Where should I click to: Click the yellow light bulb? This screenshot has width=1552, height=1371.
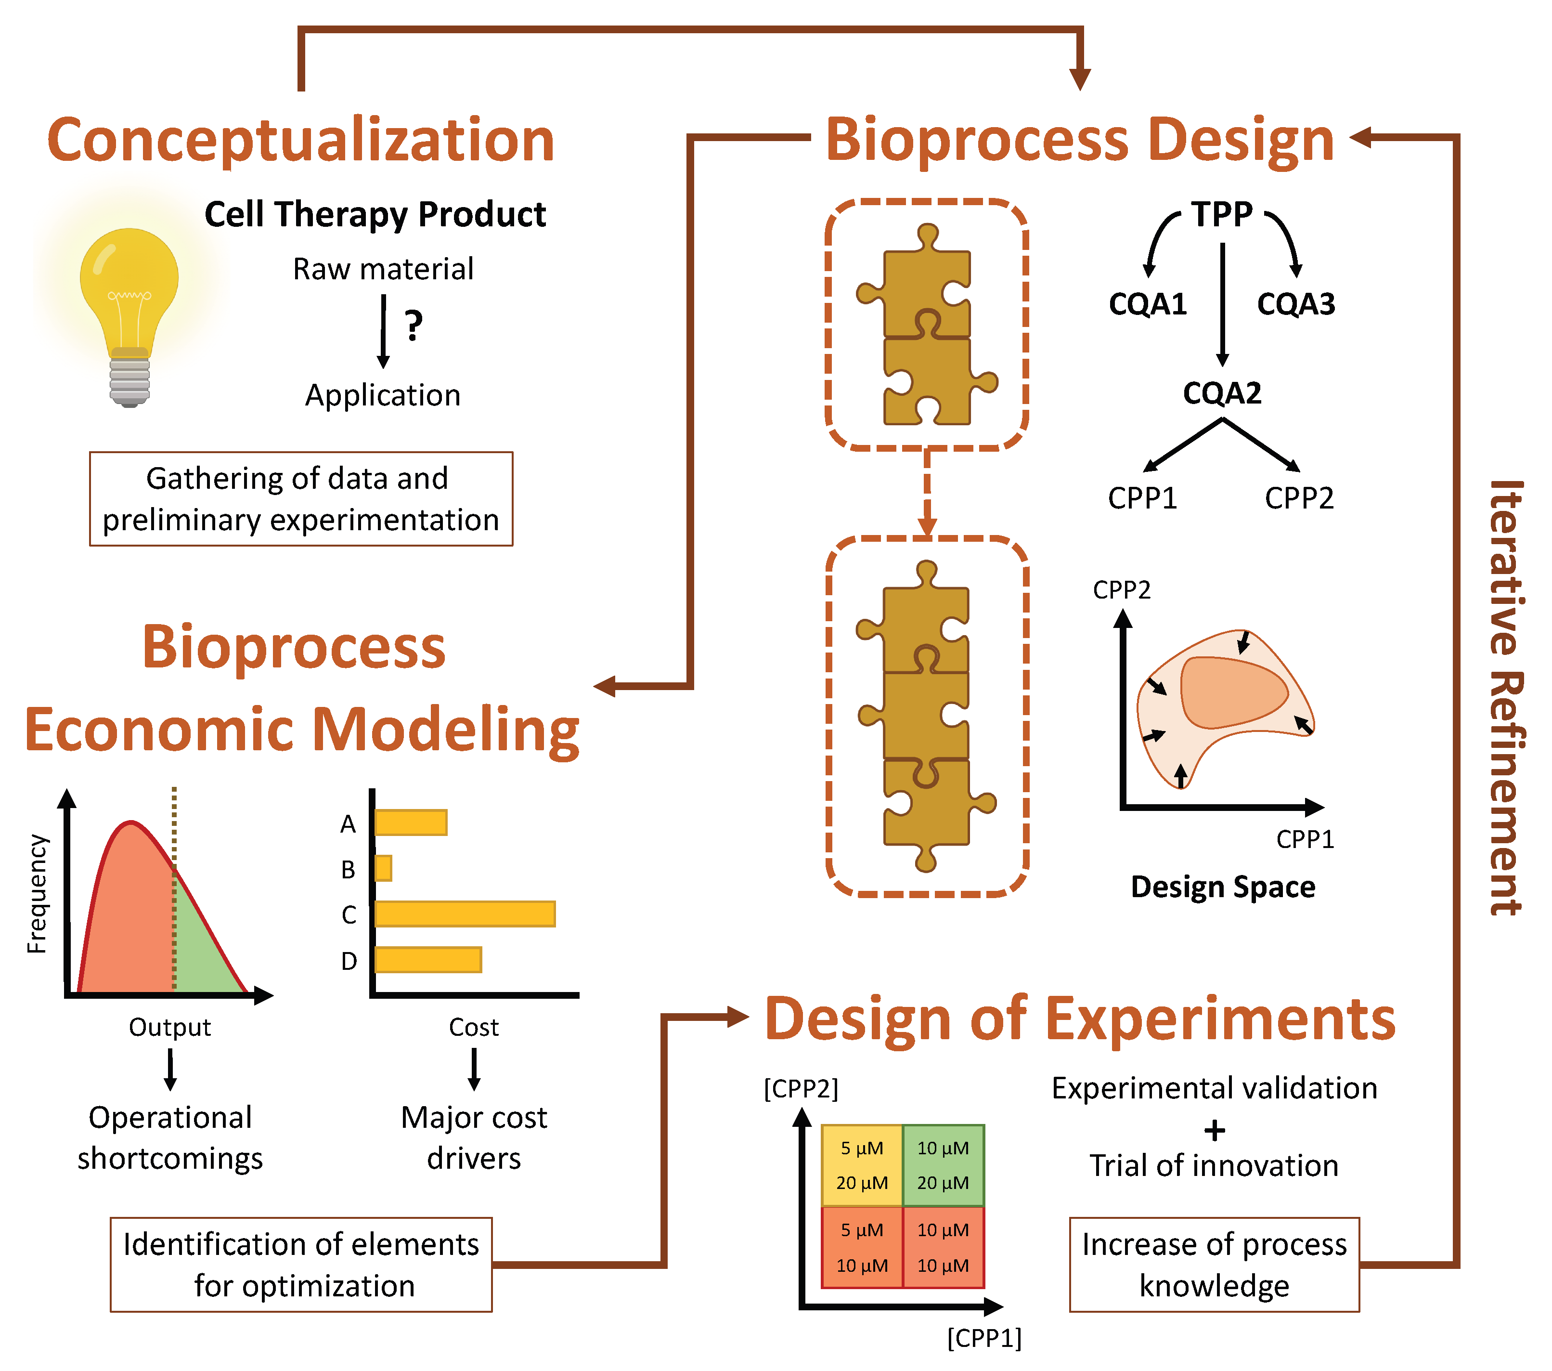129,304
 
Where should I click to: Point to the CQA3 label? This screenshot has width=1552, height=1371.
1295,304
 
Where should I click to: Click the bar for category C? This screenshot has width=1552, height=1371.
465,914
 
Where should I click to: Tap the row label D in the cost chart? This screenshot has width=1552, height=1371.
349,961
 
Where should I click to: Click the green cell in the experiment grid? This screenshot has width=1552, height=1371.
943,1165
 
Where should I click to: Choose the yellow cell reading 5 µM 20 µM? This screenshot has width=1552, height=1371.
862,1165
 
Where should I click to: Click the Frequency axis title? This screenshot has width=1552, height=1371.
37,894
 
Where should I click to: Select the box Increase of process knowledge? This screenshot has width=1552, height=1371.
1214,1265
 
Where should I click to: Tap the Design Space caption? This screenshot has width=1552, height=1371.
1222,887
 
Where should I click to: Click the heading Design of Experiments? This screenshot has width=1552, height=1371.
1080,1019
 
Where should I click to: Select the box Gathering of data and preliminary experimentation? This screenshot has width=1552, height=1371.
301,499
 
